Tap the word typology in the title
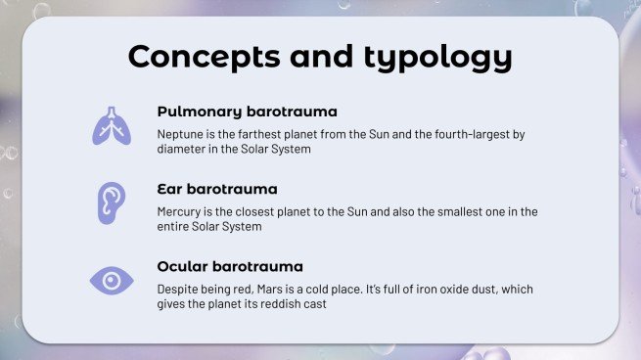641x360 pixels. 441,59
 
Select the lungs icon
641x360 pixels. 112,125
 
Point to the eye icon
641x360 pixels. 112,281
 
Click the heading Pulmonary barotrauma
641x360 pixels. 247,112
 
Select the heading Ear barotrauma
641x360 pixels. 217,188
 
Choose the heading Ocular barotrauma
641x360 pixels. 230,265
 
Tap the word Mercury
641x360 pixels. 181,211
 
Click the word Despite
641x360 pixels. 180,289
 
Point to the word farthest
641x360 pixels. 263,134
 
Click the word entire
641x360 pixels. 176,227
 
